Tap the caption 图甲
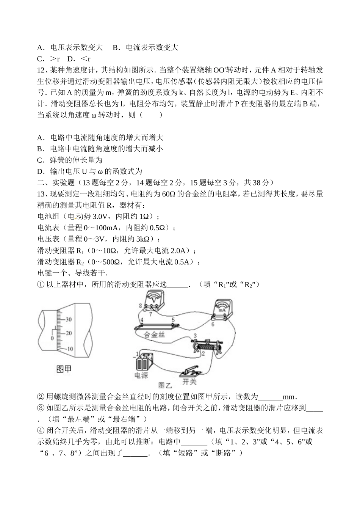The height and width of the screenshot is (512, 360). click(64, 369)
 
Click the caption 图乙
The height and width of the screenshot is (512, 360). click(165, 385)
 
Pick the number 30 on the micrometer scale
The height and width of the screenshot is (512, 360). click(68, 319)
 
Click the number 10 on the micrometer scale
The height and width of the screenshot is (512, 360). click(70, 348)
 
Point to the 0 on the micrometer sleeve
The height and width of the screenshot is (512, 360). click(52, 338)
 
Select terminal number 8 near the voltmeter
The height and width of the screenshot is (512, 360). click(141, 305)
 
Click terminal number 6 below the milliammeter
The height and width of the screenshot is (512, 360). click(213, 324)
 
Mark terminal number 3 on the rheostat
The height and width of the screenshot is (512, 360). click(195, 336)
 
